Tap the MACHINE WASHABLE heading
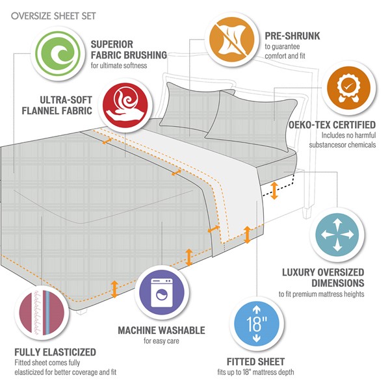pos(161,331)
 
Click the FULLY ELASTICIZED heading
pos(55,352)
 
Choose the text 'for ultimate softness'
pos(127,66)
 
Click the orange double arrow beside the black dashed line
pos(275,190)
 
